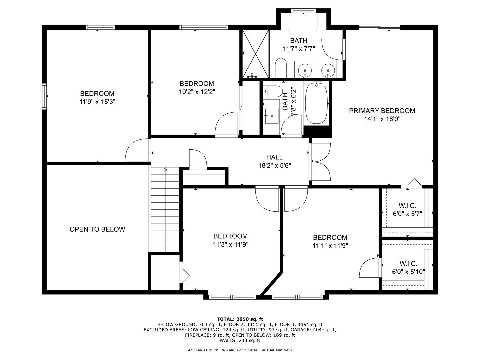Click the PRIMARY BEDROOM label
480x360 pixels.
tap(382, 111)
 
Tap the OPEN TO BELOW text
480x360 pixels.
tap(97, 229)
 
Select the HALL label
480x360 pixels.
tap(274, 157)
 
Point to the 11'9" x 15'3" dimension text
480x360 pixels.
tap(97, 102)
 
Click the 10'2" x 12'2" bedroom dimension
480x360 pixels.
tap(197, 92)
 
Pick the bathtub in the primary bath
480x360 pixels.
tap(317, 103)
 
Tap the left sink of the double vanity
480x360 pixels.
tap(305, 70)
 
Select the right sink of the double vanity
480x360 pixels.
tap(328, 70)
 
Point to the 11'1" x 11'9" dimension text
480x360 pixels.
tap(330, 246)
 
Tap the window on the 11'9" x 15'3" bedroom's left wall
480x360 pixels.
tap(44, 96)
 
